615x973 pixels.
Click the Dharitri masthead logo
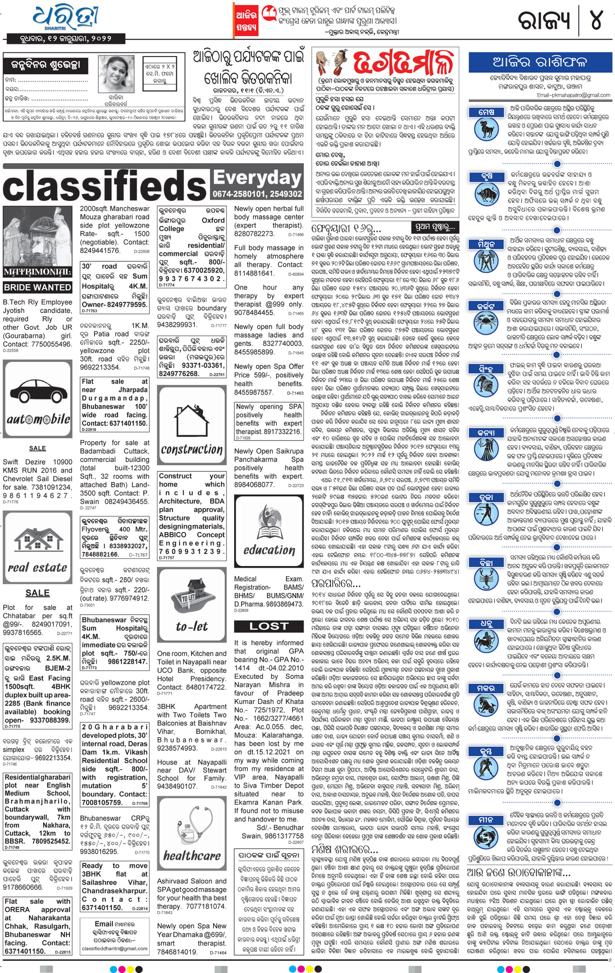(x=67, y=17)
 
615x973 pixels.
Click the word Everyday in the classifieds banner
(x=257, y=178)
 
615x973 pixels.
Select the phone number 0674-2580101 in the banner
(x=237, y=194)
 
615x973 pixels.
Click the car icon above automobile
(x=37, y=391)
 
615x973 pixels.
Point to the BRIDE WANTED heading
(x=37, y=287)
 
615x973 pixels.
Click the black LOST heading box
(x=269, y=626)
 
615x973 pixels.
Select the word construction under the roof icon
(x=192, y=449)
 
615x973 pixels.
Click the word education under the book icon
(x=269, y=550)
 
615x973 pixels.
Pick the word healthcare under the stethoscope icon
(x=192, y=856)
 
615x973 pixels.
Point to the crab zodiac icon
(x=486, y=322)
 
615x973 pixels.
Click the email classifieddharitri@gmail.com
(x=115, y=948)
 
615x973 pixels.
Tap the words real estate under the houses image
(x=37, y=567)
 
